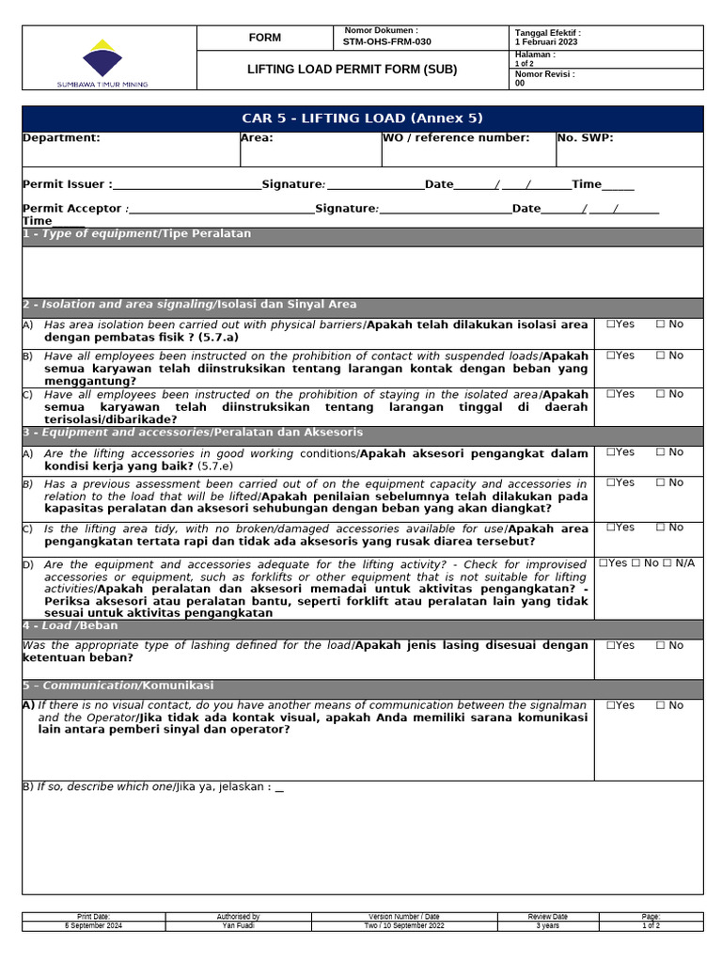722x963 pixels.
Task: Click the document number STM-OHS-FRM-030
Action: pyautogui.click(x=388, y=42)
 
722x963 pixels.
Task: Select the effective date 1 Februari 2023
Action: pyautogui.click(x=546, y=42)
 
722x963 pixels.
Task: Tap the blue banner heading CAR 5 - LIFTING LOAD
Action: pyautogui.click(x=362, y=118)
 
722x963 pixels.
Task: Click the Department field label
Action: pyautogui.click(x=61, y=138)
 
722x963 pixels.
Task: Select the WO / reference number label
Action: pyautogui.click(x=456, y=138)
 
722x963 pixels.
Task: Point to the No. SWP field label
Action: pyautogui.click(x=585, y=138)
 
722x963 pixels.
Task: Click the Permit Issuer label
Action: pyautogui.click(x=67, y=185)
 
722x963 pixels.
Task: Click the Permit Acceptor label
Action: pyautogui.click(x=72, y=209)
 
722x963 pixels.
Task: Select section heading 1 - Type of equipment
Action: pyautogui.click(x=136, y=234)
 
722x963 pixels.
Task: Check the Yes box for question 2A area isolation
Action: pyautogui.click(x=611, y=324)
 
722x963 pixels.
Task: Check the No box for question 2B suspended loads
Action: pyautogui.click(x=661, y=355)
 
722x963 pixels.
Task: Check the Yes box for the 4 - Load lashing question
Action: pyautogui.click(x=611, y=646)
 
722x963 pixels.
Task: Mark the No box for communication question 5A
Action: pyautogui.click(x=661, y=705)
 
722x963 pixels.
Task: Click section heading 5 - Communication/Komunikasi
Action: pyautogui.click(x=118, y=686)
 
